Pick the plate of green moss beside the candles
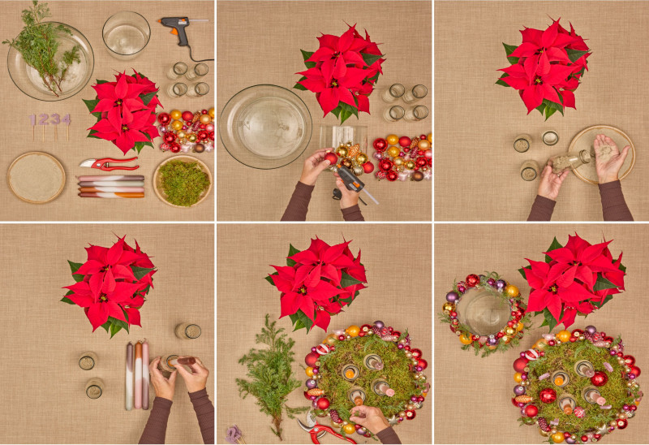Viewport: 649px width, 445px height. [x=183, y=181]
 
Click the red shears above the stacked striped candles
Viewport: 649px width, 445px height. [x=109, y=164]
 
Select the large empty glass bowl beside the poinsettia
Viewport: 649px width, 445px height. [x=266, y=127]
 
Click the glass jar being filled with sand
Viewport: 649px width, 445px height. [x=570, y=160]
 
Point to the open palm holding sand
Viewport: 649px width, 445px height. [x=608, y=158]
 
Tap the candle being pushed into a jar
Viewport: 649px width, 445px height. [x=181, y=361]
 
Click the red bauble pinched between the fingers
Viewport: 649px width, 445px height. [x=330, y=158]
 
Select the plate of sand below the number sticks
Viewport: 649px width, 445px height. [x=37, y=177]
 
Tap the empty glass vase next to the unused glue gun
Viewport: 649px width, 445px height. [x=127, y=35]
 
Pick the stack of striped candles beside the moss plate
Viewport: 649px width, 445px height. [x=111, y=187]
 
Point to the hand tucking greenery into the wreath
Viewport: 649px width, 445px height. [x=371, y=418]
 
